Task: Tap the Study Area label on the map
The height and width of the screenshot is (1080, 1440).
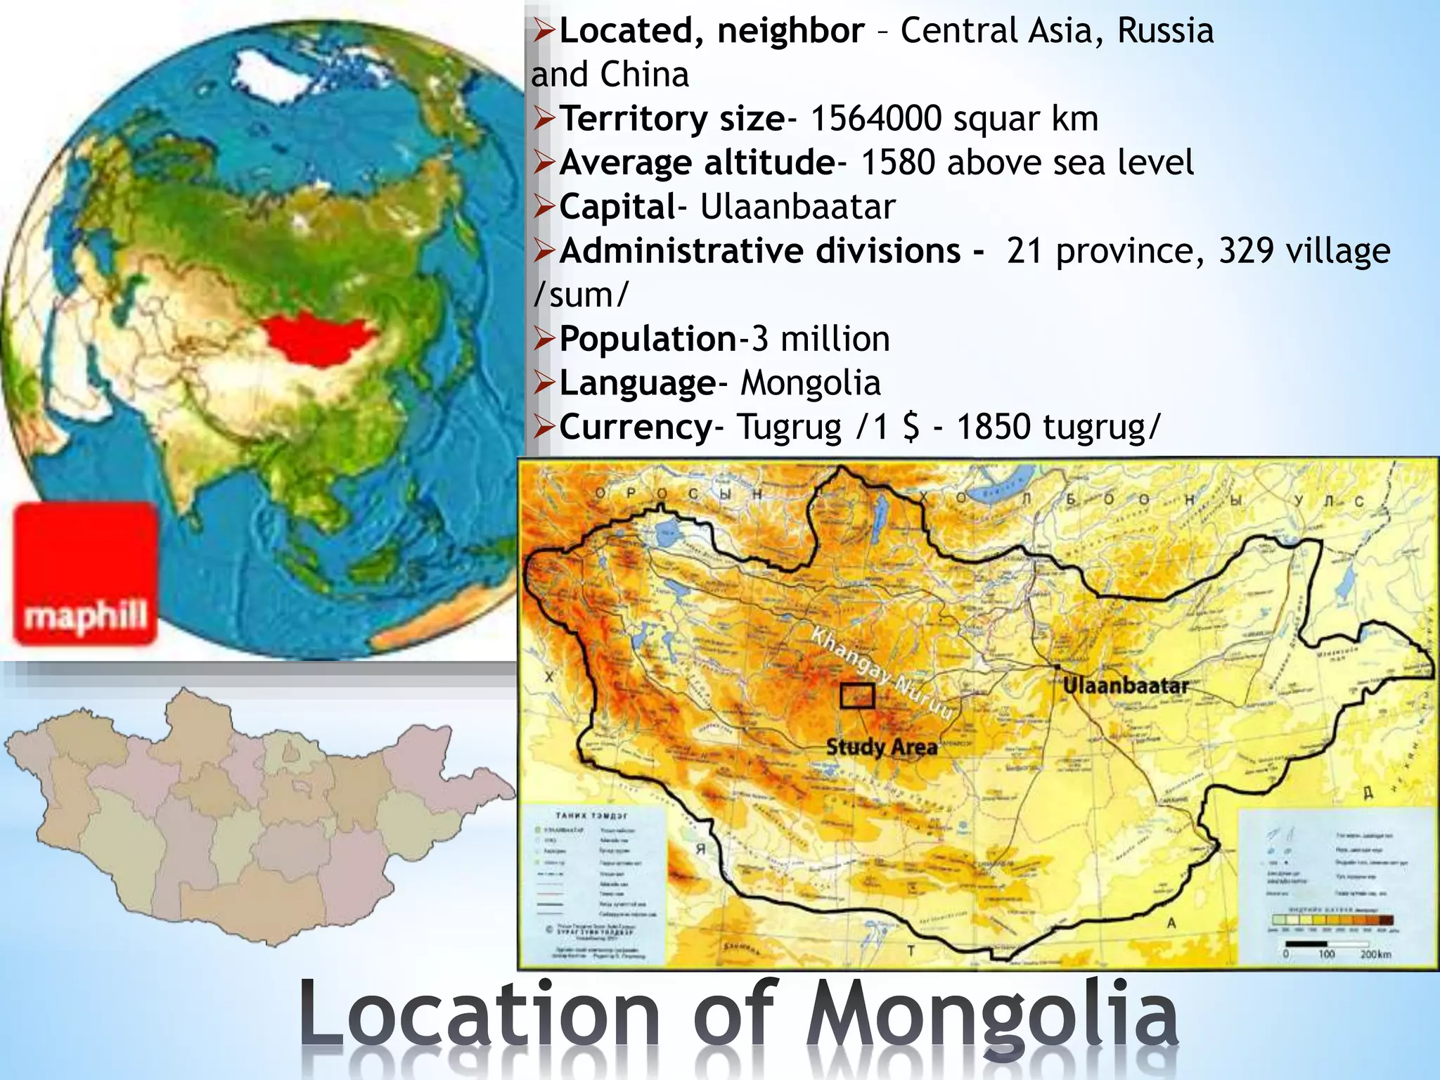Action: point(882,747)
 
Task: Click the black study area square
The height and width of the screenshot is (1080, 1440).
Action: point(857,696)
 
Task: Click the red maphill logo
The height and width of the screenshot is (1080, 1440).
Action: point(85,573)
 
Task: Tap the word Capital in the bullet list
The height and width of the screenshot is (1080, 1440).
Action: point(617,207)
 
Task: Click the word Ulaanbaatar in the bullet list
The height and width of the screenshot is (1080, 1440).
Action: point(797,207)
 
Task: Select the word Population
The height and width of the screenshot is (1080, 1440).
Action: point(648,339)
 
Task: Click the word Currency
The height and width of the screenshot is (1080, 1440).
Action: point(636,427)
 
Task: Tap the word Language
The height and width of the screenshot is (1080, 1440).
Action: point(637,383)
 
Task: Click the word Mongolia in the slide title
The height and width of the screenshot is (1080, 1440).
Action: point(991,1017)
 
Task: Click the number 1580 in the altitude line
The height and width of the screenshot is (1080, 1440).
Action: point(898,162)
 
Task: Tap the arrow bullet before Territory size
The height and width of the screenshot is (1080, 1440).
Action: point(544,118)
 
